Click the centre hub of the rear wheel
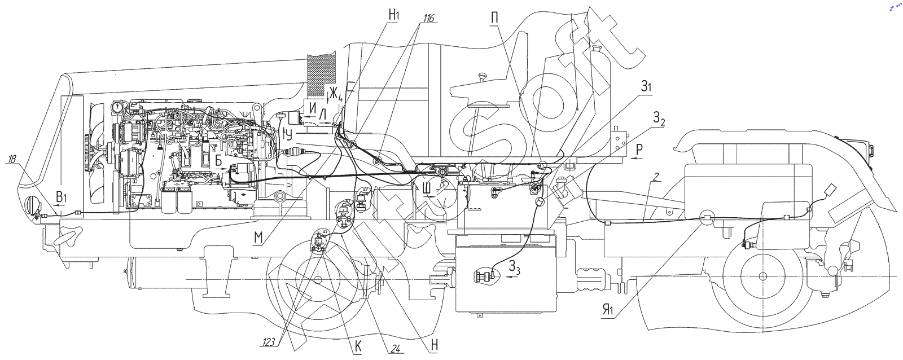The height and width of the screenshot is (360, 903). tap(762, 276)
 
